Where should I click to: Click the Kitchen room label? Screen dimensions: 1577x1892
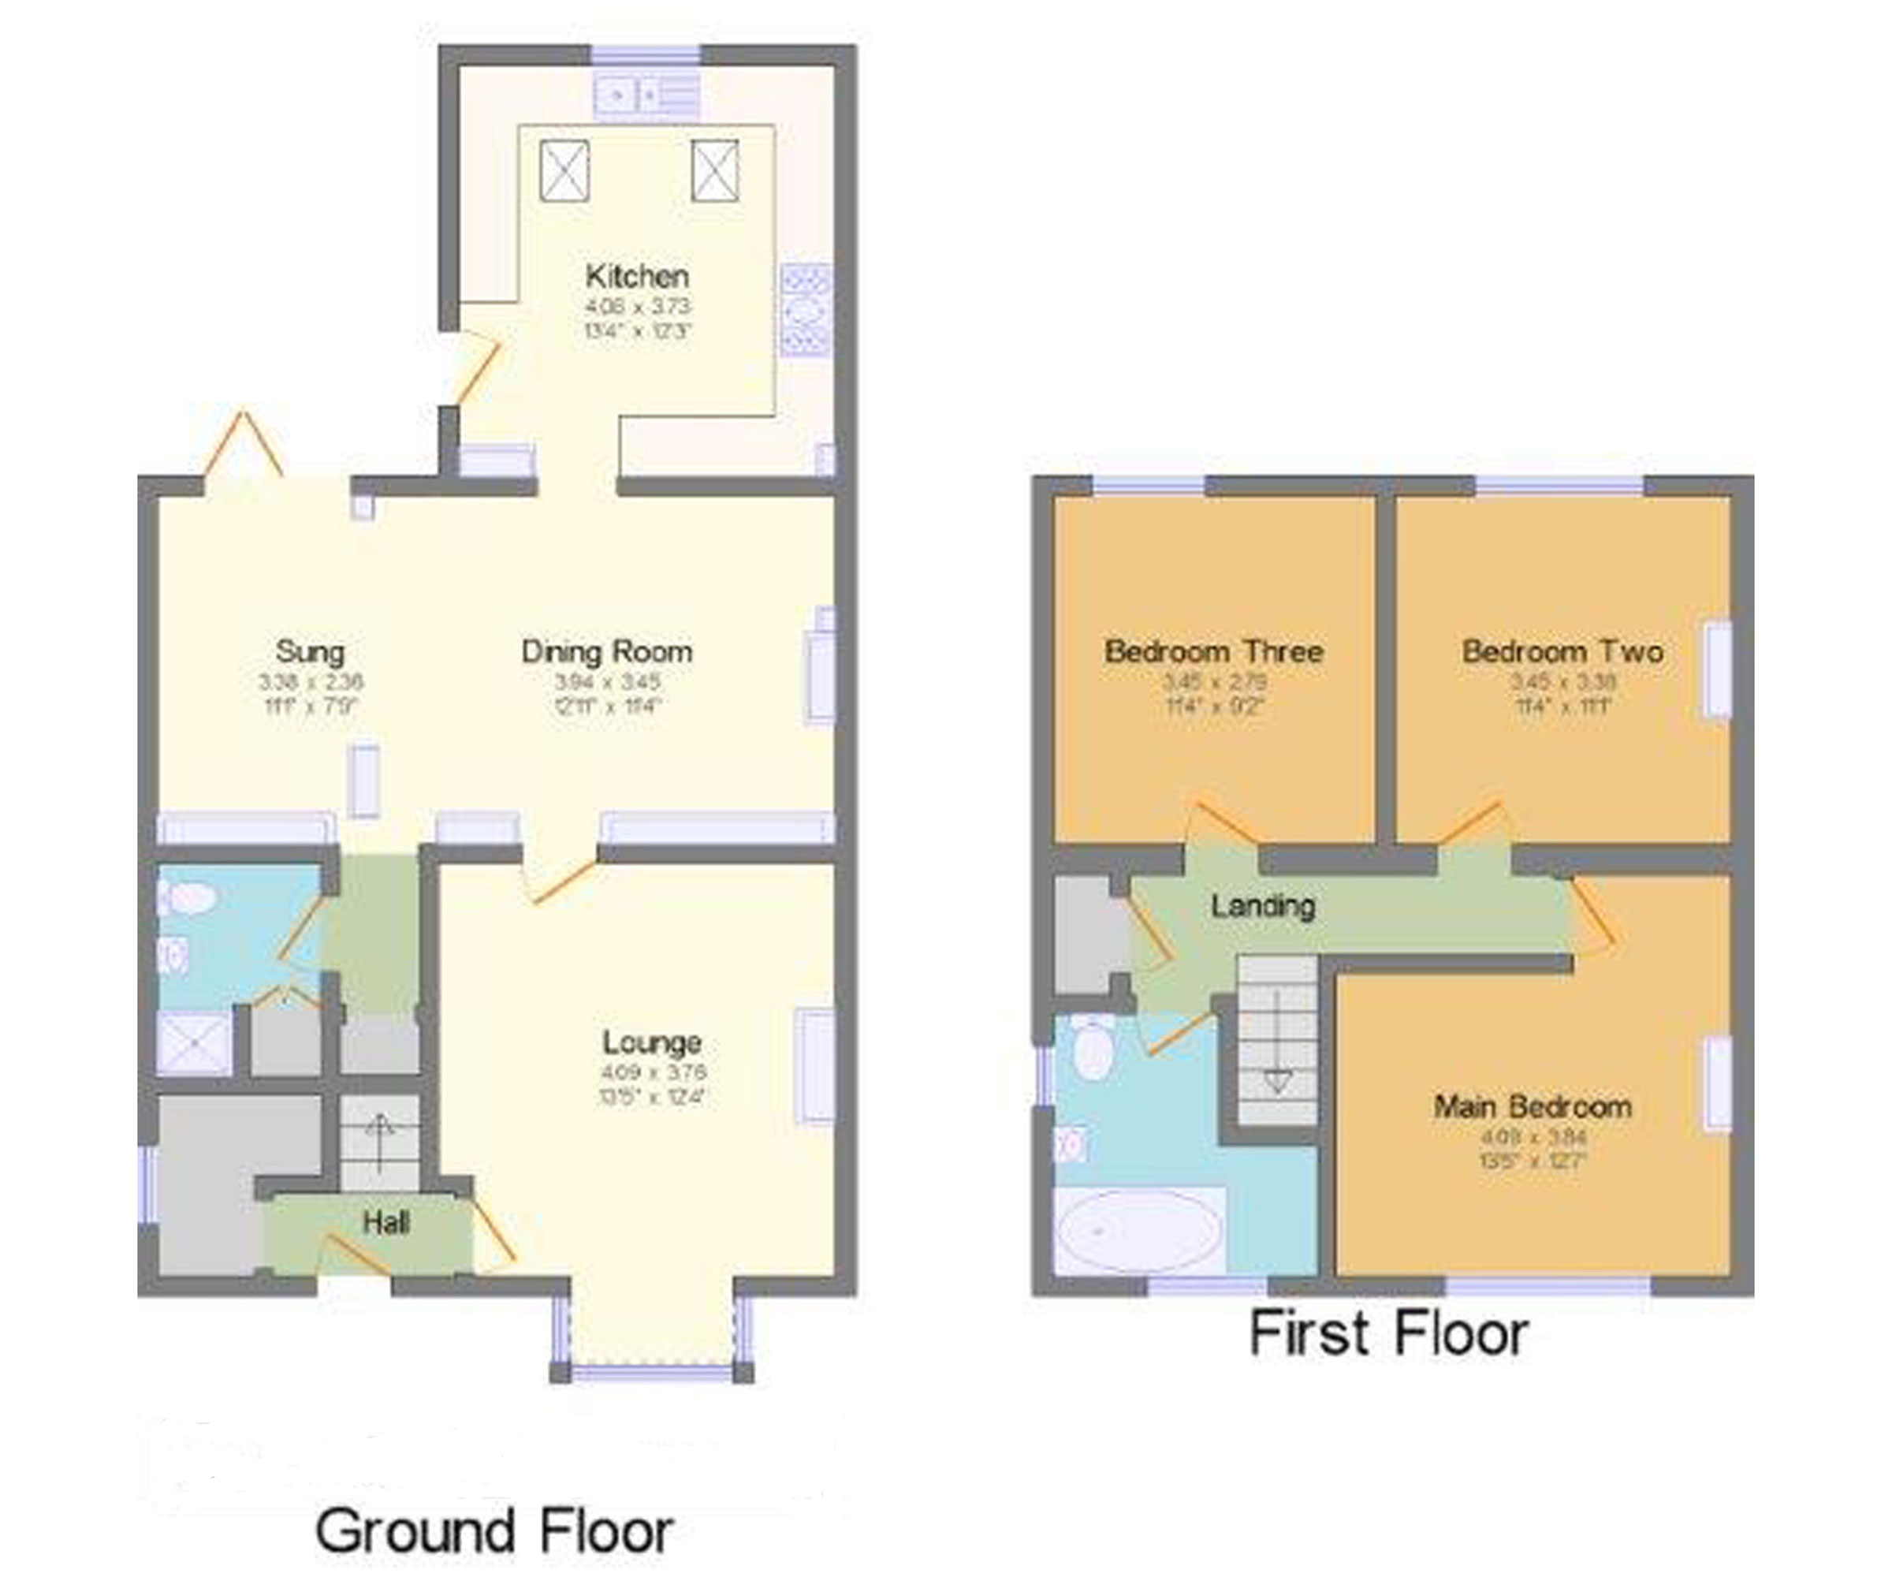click(x=637, y=276)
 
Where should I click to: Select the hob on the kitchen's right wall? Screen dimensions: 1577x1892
click(x=806, y=309)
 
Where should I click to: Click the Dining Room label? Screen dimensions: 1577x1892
click(x=606, y=651)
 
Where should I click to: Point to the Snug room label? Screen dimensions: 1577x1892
click(x=309, y=651)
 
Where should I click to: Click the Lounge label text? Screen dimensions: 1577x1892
click(x=651, y=1042)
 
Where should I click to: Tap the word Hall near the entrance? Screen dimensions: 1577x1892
click(x=385, y=1223)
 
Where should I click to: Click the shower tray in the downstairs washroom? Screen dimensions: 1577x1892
click(x=194, y=1043)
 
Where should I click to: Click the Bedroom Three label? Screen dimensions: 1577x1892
click(x=1213, y=651)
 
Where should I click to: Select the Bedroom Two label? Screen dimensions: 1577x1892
click(x=1562, y=651)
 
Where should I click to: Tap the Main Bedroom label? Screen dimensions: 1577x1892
click(x=1533, y=1106)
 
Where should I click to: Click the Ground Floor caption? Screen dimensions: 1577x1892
click(x=493, y=1531)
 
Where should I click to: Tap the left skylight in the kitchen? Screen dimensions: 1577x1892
click(x=564, y=170)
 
